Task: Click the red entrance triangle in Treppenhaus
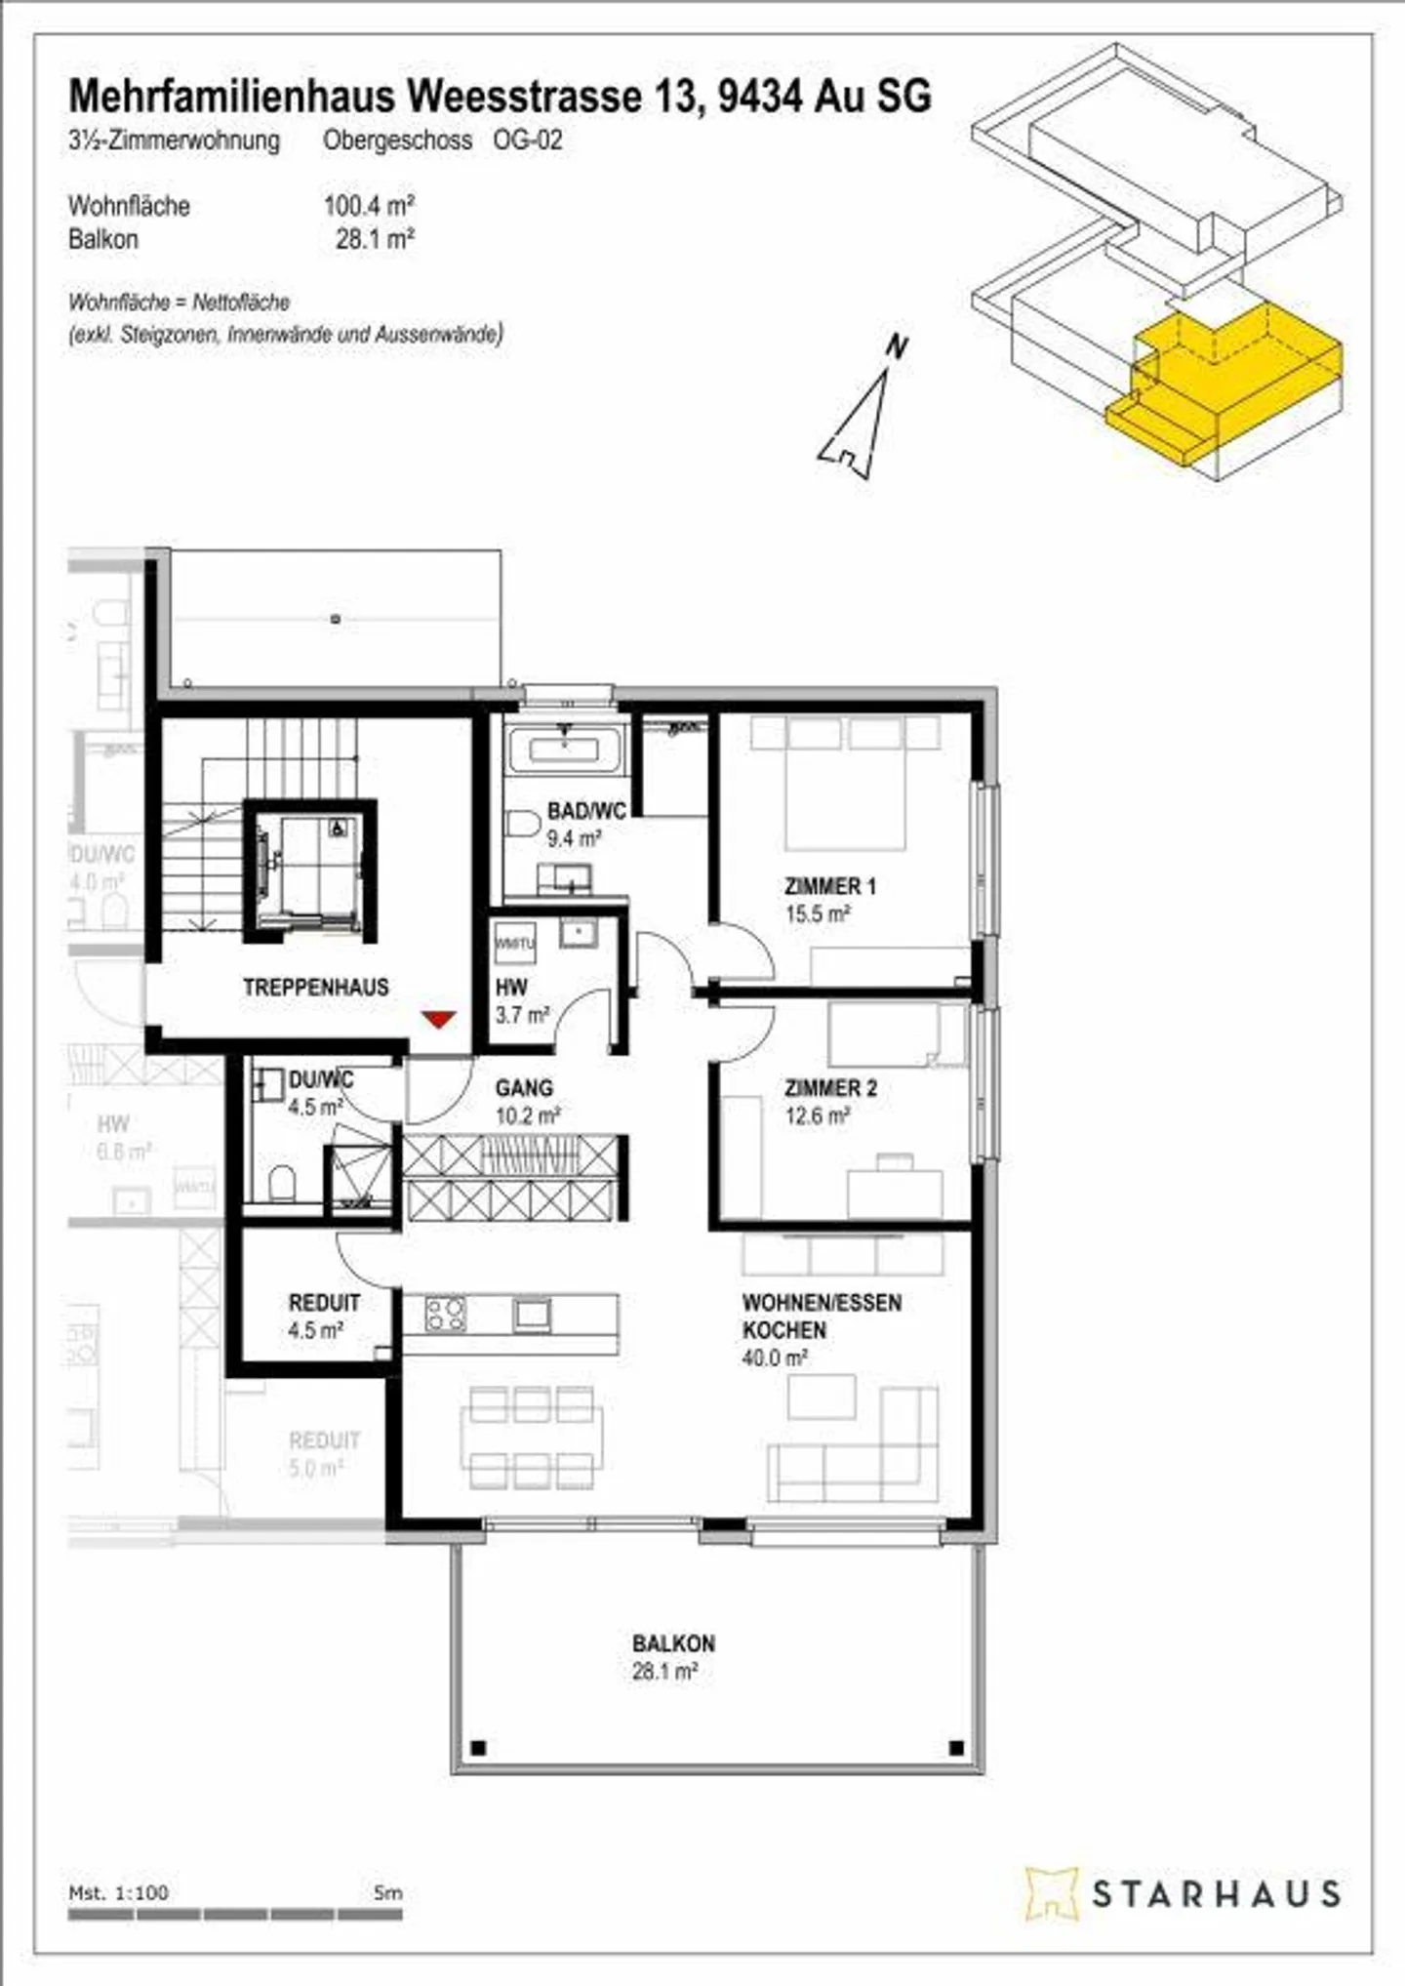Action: pyautogui.click(x=439, y=1019)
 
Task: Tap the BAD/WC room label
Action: pyautogui.click(x=586, y=810)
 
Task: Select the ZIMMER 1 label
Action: pyautogui.click(x=830, y=886)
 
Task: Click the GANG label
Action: pyautogui.click(x=524, y=1087)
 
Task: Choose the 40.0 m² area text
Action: pyautogui.click(x=775, y=1358)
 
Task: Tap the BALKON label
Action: pyautogui.click(x=673, y=1643)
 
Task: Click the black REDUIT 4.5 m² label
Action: pyautogui.click(x=324, y=1303)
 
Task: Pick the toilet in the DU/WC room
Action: pyautogui.click(x=283, y=1182)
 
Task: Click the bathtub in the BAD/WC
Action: pyautogui.click(x=565, y=750)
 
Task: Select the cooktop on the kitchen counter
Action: pyautogui.click(x=446, y=1314)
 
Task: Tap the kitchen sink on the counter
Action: pyautogui.click(x=533, y=1314)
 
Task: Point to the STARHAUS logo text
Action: pyautogui.click(x=1215, y=1894)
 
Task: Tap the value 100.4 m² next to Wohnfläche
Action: pyautogui.click(x=369, y=206)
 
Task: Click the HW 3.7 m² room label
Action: pyautogui.click(x=511, y=988)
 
